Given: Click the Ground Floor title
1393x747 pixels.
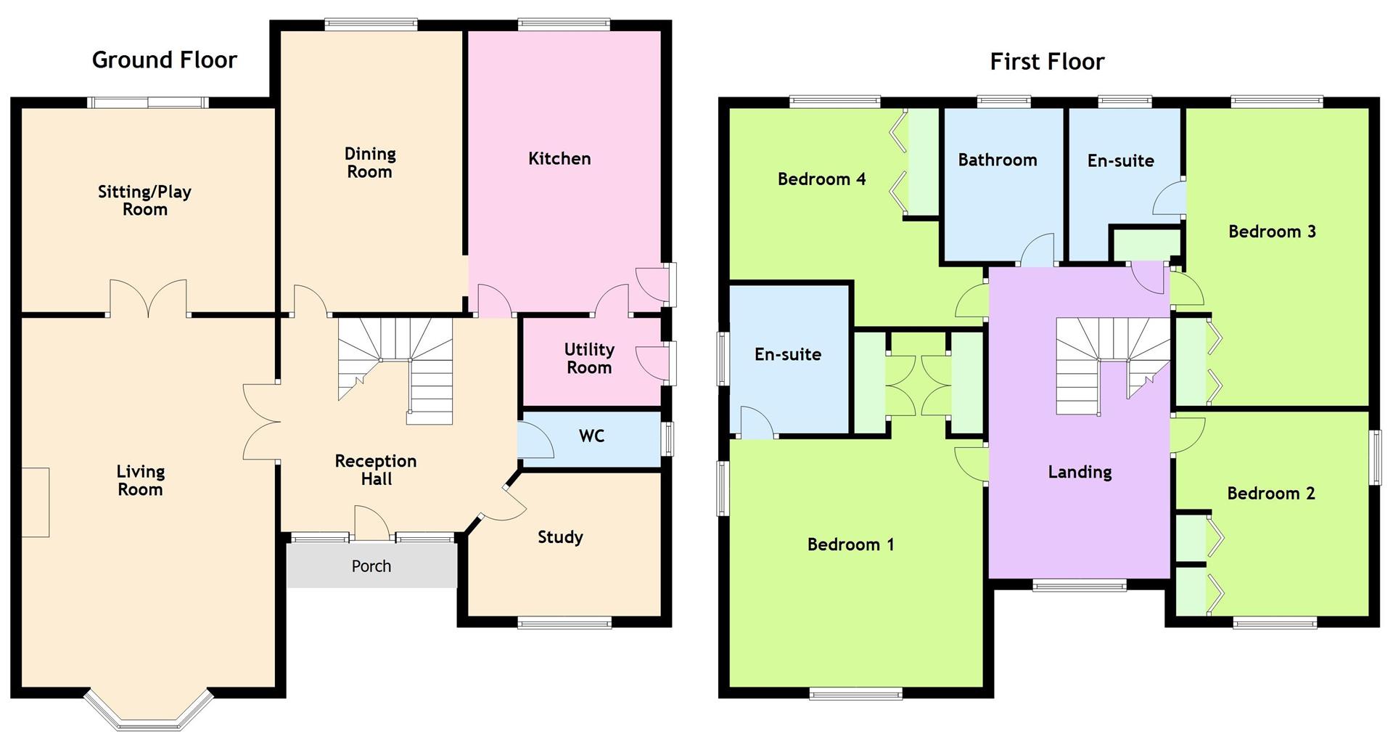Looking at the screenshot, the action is [165, 60].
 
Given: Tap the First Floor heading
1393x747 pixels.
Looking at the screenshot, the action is [1047, 62].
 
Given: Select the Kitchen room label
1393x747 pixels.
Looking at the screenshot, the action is [559, 158].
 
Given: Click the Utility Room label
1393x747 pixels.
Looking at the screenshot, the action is [589, 359].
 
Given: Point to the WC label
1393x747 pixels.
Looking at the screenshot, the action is [591, 436].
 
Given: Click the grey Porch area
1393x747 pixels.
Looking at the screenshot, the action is [371, 565].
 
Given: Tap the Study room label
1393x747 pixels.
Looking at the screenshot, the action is [560, 537].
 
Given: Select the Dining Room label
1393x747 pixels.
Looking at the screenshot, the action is [370, 163].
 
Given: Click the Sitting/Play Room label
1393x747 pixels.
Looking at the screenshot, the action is [145, 200].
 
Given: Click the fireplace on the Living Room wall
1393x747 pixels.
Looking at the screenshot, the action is [35, 502].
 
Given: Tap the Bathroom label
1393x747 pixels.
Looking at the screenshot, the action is [998, 160].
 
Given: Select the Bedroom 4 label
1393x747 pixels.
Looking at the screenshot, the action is [821, 179].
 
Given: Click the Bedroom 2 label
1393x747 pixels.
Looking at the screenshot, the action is [1270, 494].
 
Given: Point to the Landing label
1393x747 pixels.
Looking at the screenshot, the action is [1080, 473].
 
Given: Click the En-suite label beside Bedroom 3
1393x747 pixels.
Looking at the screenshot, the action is [1120, 160].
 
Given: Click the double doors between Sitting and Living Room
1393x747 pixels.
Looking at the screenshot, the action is [148, 298].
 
